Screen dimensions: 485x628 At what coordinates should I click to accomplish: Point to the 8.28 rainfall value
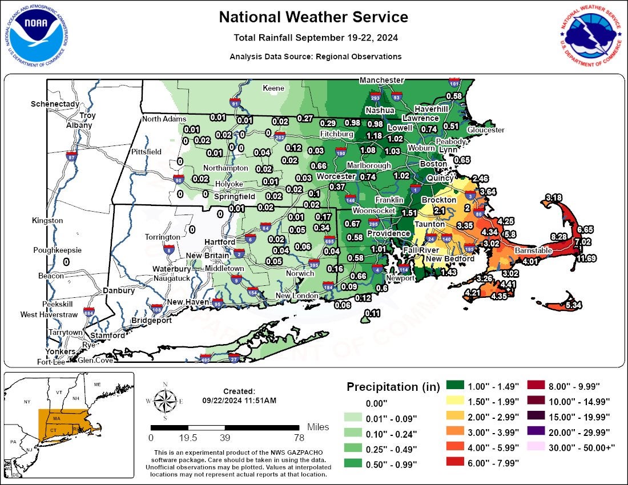pyautogui.click(x=558, y=236)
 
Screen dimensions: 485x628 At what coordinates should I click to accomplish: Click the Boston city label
pyautogui.click(x=433, y=164)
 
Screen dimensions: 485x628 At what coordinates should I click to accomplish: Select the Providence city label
pyautogui.click(x=388, y=233)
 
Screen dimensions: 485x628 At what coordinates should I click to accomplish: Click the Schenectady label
pyautogui.click(x=54, y=104)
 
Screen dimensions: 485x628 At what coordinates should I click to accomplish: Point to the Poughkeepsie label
pyautogui.click(x=57, y=250)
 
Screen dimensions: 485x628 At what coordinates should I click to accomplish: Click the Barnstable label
pyautogui.click(x=533, y=250)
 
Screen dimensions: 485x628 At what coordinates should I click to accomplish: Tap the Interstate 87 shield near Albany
pyautogui.click(x=71, y=156)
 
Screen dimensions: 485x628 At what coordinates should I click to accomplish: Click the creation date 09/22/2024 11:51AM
pyautogui.click(x=239, y=401)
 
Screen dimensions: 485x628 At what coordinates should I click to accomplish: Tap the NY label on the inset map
pyautogui.click(x=27, y=402)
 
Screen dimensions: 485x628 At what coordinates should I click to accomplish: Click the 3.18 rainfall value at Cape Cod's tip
pyautogui.click(x=554, y=197)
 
